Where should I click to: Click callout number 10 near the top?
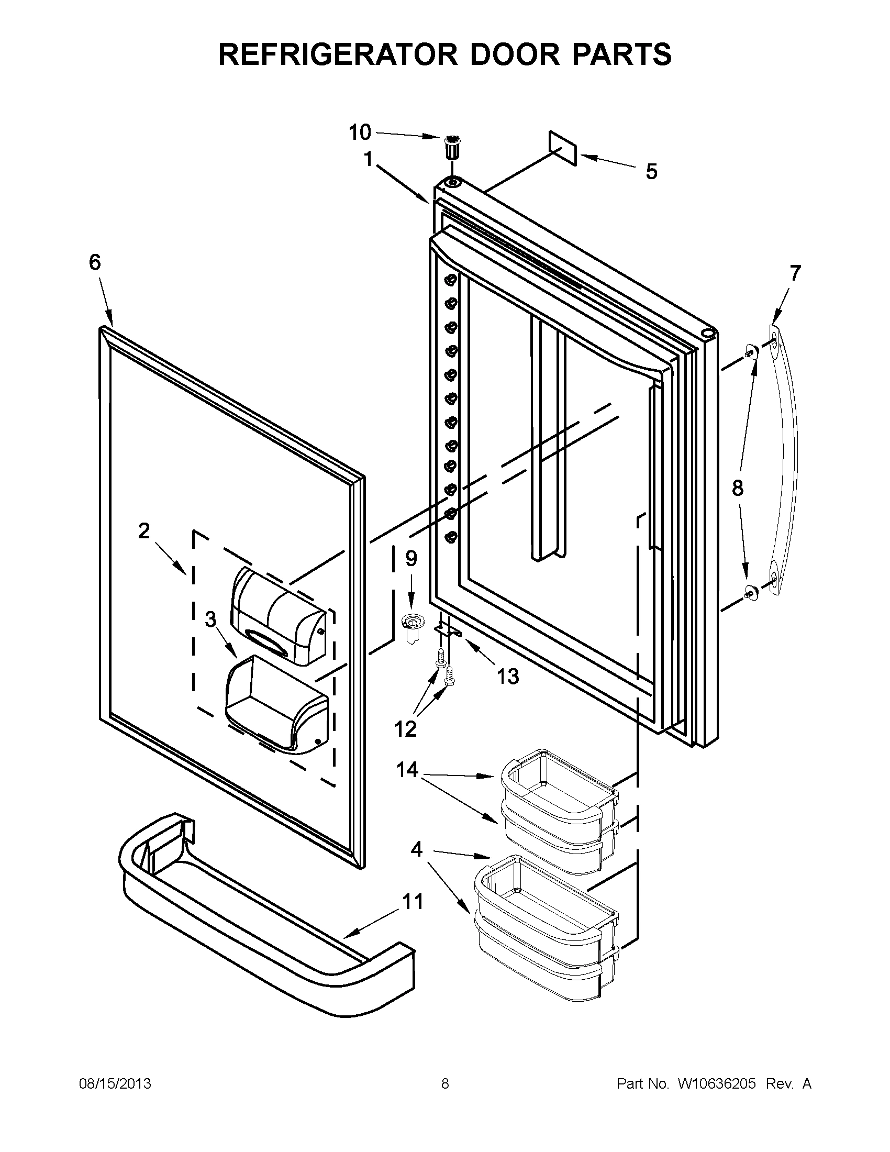360,132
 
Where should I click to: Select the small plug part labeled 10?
452,147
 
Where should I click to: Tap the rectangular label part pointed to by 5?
563,148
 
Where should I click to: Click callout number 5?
652,172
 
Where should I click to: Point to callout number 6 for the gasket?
95,262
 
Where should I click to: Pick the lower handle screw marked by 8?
750,593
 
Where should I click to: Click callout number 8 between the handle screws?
738,489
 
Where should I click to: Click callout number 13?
508,676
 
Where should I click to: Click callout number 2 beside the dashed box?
144,530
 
